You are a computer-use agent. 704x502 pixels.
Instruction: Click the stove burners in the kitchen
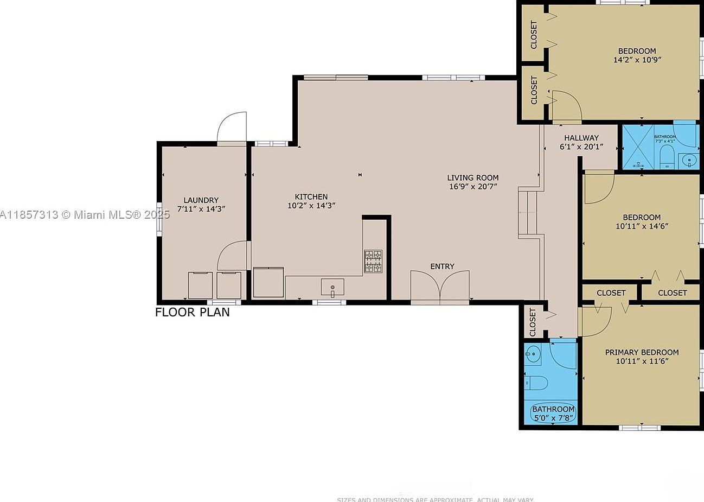pos(373,261)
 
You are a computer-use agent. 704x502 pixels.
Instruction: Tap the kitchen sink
pos(332,286)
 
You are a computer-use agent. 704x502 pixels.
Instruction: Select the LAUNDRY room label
pos(201,200)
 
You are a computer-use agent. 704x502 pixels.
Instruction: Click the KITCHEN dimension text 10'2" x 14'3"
pos(311,206)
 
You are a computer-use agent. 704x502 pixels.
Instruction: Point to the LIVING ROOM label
pos(472,177)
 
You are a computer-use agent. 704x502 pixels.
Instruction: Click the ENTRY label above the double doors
pos(442,266)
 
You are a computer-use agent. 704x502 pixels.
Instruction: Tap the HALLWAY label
pos(581,138)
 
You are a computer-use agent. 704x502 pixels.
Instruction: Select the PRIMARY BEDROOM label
pos(642,352)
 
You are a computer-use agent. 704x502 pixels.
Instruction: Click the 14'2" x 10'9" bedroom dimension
pos(637,60)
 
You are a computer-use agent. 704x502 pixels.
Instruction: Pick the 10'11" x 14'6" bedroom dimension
pos(642,226)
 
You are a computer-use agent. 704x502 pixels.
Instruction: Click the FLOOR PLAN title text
pos(192,312)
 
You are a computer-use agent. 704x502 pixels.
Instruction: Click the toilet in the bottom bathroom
pos(536,383)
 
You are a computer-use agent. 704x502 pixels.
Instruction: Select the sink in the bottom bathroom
pos(533,354)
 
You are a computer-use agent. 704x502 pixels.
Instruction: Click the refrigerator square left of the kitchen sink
pos(268,282)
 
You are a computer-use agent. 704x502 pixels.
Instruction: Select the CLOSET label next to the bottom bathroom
pos(532,322)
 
